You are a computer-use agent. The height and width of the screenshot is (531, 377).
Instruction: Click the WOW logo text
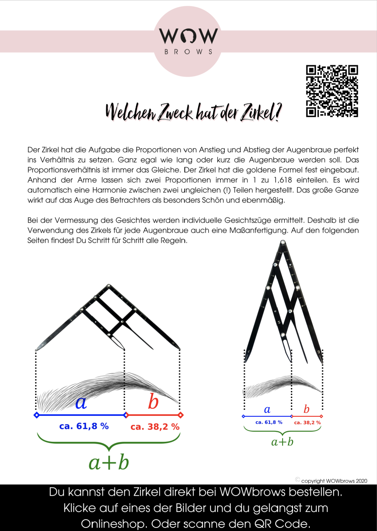[x=188, y=36]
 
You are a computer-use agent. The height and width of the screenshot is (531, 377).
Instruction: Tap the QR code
[x=332, y=91]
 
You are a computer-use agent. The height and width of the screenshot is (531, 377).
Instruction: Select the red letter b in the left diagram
[x=153, y=402]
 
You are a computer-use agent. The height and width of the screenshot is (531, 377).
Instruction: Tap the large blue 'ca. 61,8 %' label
[x=84, y=426]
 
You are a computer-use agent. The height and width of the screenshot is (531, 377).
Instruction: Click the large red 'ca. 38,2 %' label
[x=155, y=427]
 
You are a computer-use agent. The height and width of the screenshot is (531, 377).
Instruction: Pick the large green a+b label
[x=109, y=463]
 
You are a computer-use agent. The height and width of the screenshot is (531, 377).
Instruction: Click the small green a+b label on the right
[x=282, y=442]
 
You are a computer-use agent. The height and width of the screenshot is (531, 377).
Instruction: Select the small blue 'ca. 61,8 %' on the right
[x=269, y=422]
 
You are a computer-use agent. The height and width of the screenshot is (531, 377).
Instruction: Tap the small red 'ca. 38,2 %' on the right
[x=307, y=423]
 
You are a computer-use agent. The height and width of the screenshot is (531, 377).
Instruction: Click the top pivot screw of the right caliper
[x=283, y=242]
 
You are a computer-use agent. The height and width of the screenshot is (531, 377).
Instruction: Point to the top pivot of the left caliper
[x=109, y=286]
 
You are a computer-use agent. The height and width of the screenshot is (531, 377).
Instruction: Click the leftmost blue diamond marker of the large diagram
[x=36, y=415]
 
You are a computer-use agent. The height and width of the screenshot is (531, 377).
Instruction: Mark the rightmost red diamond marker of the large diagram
[x=180, y=415]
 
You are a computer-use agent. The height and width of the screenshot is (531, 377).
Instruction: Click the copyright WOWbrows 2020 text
[x=334, y=481]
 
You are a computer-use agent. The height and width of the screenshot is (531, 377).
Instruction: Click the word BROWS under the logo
[x=188, y=52]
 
